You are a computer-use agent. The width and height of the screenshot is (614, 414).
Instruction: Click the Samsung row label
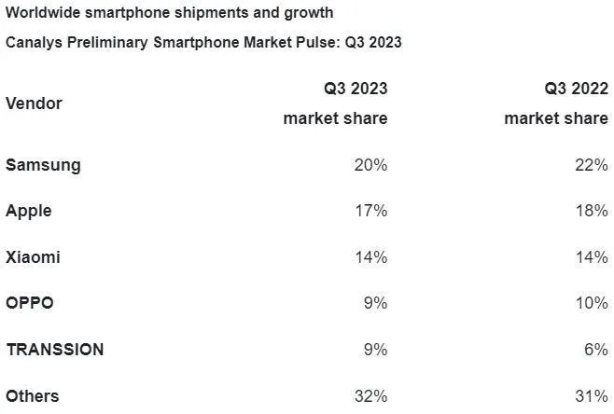click(x=43, y=165)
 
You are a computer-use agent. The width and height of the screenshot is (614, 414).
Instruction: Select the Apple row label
click(x=28, y=211)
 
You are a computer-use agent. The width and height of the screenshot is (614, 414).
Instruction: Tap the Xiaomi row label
click(x=33, y=257)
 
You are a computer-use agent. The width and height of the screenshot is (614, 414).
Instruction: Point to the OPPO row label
click(x=30, y=303)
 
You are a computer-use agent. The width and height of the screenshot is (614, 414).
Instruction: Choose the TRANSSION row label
click(x=54, y=350)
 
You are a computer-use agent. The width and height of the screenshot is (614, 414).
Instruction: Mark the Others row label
click(x=32, y=396)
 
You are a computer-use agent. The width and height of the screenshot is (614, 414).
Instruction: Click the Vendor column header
click(x=34, y=103)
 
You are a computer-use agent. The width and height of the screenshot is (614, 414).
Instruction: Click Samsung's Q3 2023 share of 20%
click(x=370, y=165)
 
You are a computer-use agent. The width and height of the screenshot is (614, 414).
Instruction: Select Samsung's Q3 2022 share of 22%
click(x=591, y=165)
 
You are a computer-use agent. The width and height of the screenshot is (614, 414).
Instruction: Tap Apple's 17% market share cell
click(x=370, y=211)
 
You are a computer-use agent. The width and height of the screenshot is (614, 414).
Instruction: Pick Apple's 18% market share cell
click(x=591, y=211)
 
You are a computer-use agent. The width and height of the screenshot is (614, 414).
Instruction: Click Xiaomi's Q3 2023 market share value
click(x=370, y=257)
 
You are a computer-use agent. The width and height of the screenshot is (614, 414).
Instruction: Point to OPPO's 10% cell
click(x=591, y=303)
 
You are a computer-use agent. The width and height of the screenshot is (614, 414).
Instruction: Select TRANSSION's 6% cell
click(x=595, y=350)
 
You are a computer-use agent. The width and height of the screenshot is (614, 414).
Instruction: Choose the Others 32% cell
click(x=370, y=396)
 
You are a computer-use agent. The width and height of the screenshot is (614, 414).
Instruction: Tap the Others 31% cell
click(x=591, y=396)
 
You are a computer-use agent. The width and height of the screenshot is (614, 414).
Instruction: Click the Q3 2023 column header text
click(x=356, y=89)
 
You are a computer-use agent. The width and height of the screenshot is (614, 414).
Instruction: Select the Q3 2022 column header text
click(x=577, y=89)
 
